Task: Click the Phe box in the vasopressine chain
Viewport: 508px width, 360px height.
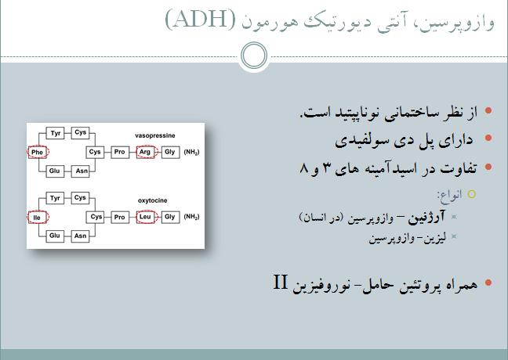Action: pyautogui.click(x=38, y=152)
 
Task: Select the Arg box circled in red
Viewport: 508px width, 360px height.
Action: pyautogui.click(x=145, y=152)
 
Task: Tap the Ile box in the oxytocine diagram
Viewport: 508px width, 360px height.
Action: pyautogui.click(x=38, y=218)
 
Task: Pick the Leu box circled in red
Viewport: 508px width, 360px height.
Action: pyautogui.click(x=145, y=217)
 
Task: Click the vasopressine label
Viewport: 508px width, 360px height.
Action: pyautogui.click(x=155, y=135)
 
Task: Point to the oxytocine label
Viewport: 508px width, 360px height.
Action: pyautogui.click(x=153, y=200)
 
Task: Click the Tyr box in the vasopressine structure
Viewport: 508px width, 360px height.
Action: pyautogui.click(x=55, y=133)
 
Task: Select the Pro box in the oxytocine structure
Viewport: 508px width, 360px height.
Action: pyautogui.click(x=119, y=217)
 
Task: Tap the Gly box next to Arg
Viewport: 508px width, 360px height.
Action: pyautogui.click(x=170, y=152)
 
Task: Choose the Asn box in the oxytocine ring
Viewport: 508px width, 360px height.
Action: pyautogui.click(x=80, y=236)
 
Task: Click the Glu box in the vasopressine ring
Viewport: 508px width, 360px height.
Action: pyautogui.click(x=54, y=171)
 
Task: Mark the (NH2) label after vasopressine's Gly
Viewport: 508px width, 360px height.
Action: pyautogui.click(x=191, y=152)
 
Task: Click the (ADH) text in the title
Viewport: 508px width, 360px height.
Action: pyautogui.click(x=201, y=19)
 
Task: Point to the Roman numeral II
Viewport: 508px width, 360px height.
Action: pyautogui.click(x=280, y=282)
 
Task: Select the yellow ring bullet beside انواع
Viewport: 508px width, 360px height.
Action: pyautogui.click(x=472, y=194)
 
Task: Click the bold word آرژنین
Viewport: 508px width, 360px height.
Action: pyautogui.click(x=426, y=218)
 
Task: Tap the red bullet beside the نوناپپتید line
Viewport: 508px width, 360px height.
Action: pyautogui.click(x=488, y=110)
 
